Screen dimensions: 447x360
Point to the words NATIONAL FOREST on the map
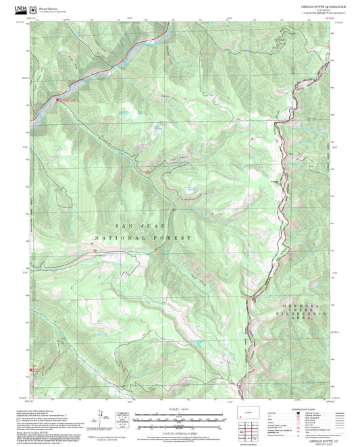point(143,238)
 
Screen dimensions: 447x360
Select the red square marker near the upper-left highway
point(58,100)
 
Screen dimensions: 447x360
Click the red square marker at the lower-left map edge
point(30,369)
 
